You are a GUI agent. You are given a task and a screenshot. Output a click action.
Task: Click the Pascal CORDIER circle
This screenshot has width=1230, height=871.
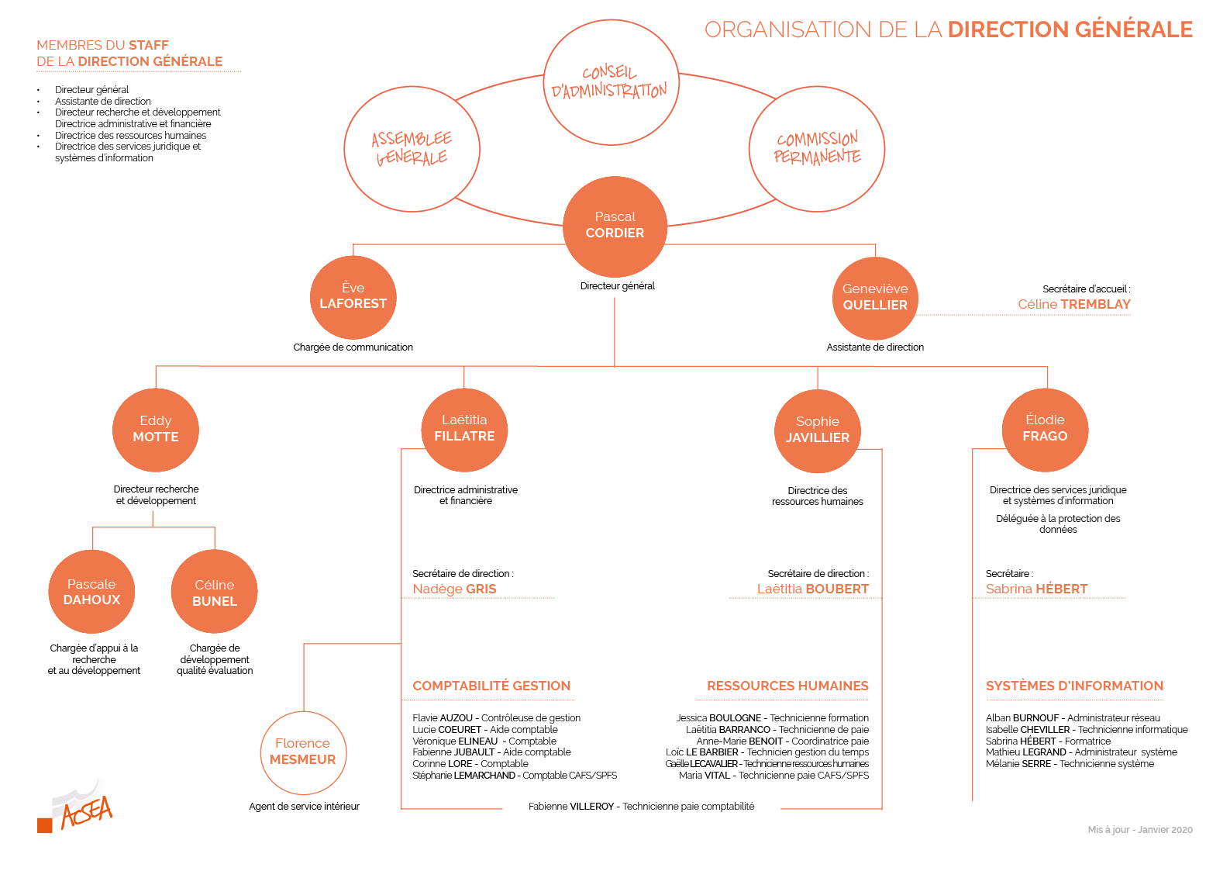[615, 226]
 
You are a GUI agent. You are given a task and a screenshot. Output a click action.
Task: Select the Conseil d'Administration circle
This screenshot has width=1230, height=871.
[611, 82]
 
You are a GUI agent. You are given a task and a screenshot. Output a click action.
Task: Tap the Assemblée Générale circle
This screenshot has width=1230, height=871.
[412, 149]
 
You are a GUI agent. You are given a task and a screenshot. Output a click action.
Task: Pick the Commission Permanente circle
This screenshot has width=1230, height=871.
[817, 148]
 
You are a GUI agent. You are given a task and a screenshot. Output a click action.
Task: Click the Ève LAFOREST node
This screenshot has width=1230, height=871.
[353, 297]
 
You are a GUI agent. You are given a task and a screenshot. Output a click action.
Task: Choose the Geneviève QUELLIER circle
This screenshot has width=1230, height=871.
[875, 298]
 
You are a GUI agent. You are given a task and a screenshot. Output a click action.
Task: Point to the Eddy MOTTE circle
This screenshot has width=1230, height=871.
[156, 430]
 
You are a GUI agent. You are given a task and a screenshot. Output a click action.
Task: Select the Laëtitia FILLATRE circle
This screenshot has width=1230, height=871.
[464, 429]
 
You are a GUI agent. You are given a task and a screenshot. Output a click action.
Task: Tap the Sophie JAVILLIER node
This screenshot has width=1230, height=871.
[818, 430]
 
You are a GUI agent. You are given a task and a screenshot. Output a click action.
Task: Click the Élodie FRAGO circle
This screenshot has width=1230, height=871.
[1045, 429]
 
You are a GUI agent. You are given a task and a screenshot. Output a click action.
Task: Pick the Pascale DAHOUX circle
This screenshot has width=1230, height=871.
[91, 593]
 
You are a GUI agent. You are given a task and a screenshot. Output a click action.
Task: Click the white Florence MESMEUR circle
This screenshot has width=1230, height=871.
[303, 752]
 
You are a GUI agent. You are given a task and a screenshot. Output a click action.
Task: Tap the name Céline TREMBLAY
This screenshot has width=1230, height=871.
[1073, 304]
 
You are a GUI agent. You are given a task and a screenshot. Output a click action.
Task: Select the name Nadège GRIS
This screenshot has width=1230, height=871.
[454, 589]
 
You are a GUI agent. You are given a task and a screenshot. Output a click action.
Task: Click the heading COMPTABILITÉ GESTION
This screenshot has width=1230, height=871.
[491, 686]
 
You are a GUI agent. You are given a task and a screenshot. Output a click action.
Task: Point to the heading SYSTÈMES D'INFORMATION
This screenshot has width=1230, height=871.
[1074, 686]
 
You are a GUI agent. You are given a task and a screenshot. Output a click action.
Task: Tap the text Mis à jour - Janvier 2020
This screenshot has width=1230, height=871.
[1139, 830]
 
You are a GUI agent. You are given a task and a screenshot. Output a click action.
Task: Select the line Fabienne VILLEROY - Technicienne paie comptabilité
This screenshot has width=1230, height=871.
[641, 807]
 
